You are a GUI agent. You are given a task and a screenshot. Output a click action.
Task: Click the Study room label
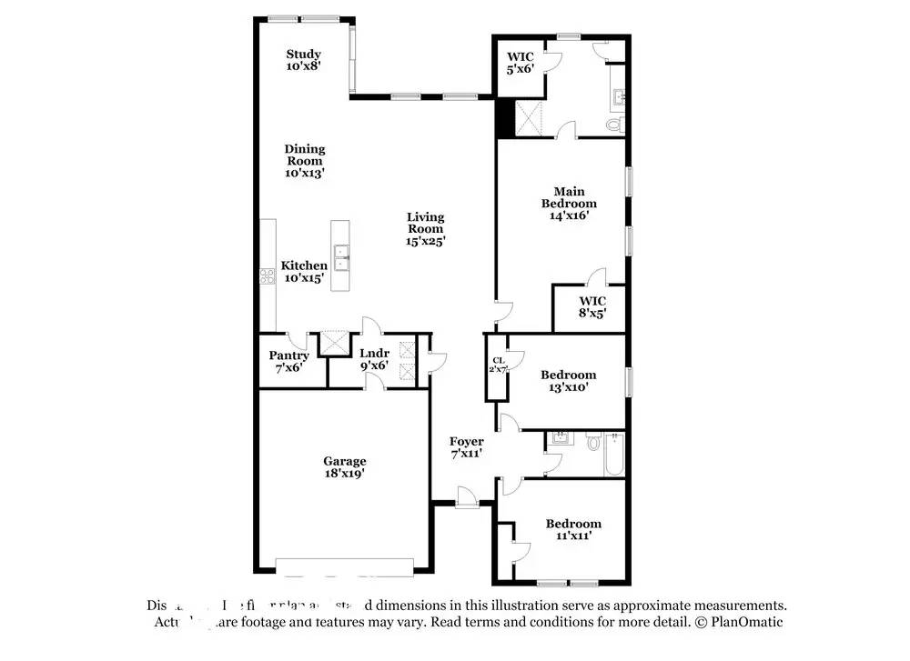click(303, 60)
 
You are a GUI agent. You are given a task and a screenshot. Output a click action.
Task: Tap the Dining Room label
click(304, 161)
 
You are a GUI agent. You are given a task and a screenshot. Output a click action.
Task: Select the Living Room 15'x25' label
click(425, 229)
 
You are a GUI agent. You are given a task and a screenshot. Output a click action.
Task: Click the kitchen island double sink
click(342, 257)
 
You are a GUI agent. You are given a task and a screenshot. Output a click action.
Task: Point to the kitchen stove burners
click(268, 276)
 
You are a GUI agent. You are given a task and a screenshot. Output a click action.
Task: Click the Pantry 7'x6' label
click(288, 362)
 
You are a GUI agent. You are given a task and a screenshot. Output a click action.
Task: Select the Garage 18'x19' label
click(344, 467)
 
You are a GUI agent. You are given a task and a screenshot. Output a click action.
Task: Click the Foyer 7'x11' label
click(466, 447)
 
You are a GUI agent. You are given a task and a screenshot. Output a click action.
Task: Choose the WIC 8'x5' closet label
click(591, 306)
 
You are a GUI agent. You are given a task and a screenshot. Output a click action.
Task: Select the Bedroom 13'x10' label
click(568, 380)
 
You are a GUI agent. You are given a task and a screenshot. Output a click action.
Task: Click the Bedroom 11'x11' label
click(573, 529)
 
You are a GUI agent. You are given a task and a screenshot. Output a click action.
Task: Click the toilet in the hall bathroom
click(593, 443)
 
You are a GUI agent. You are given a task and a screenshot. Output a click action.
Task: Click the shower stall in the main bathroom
click(530, 118)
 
